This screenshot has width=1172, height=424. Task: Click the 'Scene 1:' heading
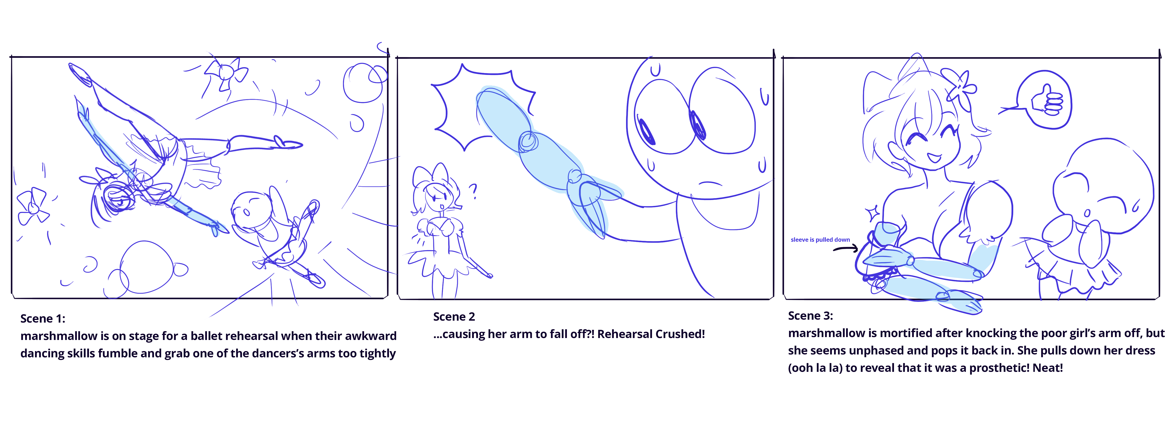tap(43, 318)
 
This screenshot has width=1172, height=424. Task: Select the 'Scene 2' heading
tap(454, 317)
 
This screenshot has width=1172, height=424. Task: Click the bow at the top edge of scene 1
tap(225, 73)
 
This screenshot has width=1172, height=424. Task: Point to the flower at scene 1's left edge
tap(33, 207)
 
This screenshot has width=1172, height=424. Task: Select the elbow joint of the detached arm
tap(528, 141)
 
